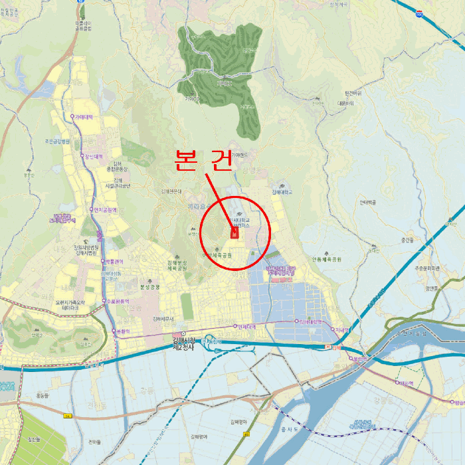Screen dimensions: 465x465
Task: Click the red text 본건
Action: coord(203,159)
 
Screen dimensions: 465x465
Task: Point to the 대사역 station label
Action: coord(405,383)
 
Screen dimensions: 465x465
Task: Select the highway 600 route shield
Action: coord(419,13)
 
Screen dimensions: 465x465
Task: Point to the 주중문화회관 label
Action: coord(428,268)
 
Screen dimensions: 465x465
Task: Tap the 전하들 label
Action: coord(94,442)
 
